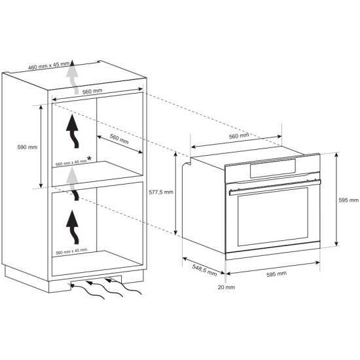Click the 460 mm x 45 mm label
click(x=48, y=65)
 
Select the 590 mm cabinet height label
click(x=27, y=147)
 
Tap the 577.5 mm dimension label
click(x=161, y=192)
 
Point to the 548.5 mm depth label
click(x=204, y=270)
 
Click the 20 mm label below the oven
click(x=226, y=287)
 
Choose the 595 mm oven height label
click(x=348, y=200)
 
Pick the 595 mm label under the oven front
click(x=276, y=274)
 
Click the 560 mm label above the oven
click(x=239, y=136)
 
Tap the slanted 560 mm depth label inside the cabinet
click(x=119, y=139)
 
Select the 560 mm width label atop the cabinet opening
click(x=92, y=92)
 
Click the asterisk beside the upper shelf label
click(x=89, y=158)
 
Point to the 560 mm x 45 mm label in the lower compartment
click(x=71, y=251)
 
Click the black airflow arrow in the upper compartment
click(x=73, y=131)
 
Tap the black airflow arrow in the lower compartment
click(x=73, y=227)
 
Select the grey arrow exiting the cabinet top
click(x=72, y=77)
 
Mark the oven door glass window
click(x=273, y=217)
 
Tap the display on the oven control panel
click(x=273, y=168)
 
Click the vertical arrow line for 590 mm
click(x=41, y=146)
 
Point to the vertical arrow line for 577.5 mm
click(x=175, y=193)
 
